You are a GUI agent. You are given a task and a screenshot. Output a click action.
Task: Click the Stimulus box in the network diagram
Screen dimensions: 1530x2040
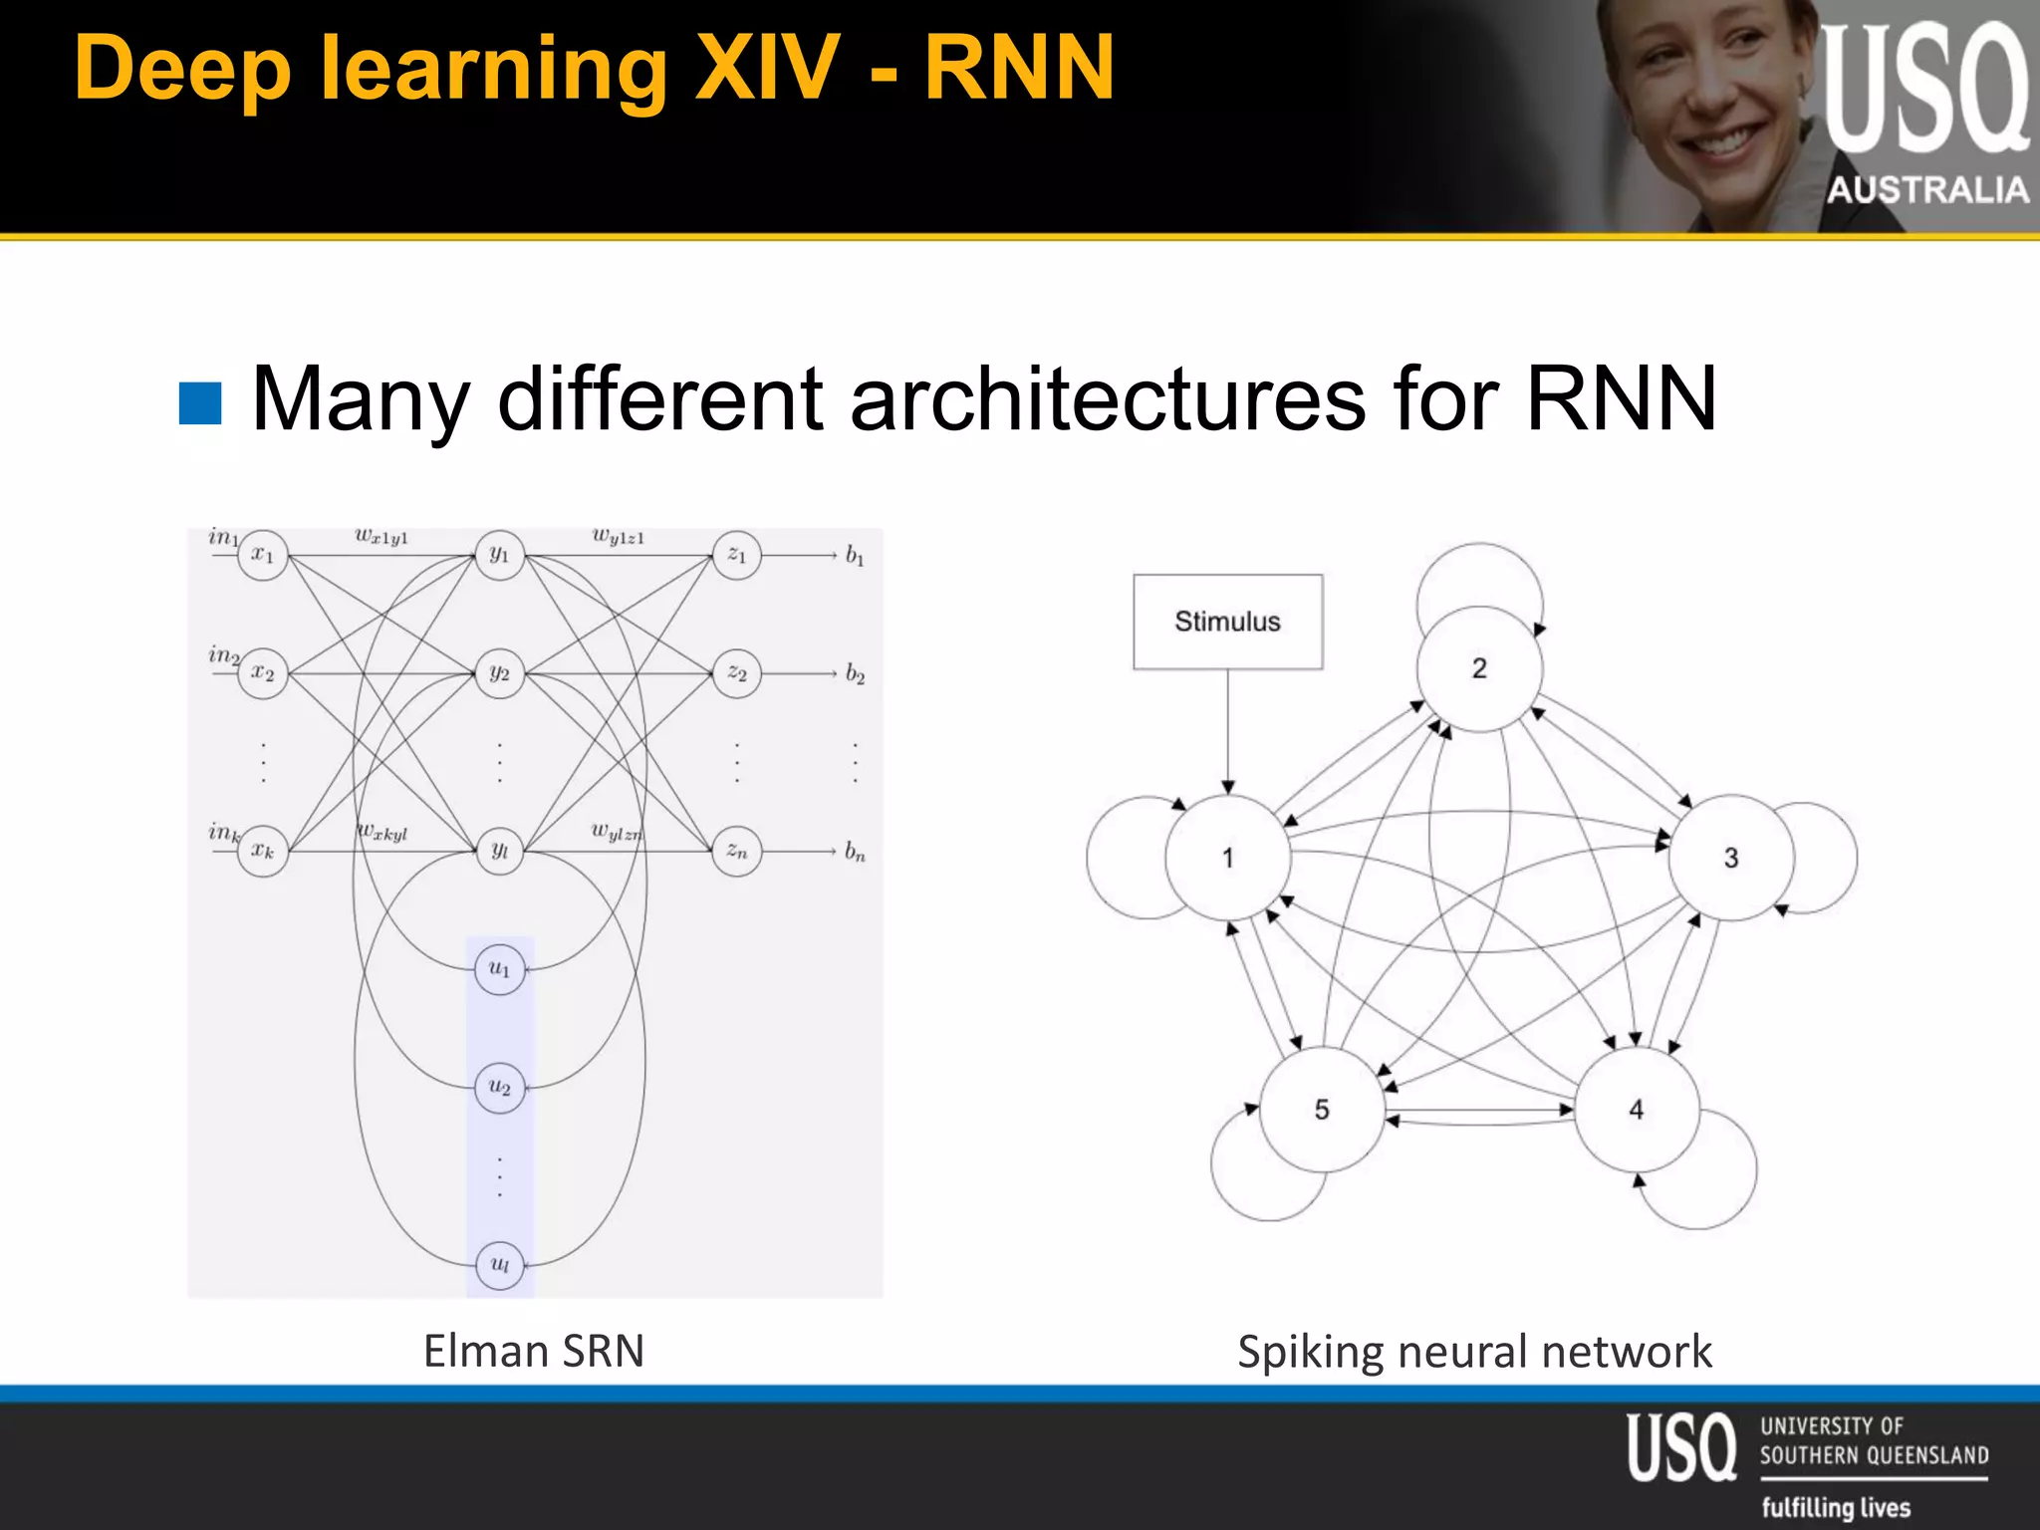(x=1227, y=622)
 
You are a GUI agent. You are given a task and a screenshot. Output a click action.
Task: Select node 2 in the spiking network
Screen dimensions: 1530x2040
(x=1479, y=668)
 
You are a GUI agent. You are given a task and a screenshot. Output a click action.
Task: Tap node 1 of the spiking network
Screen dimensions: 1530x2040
(x=1227, y=858)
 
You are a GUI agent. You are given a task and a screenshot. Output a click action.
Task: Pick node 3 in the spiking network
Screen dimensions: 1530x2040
(x=1731, y=858)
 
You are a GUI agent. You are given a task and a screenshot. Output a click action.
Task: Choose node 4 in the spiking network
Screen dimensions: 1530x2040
(x=1637, y=1110)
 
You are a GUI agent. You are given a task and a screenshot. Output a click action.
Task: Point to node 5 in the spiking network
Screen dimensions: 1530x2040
(x=1322, y=1110)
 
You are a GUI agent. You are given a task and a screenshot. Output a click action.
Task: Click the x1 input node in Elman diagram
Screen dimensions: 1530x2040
(x=262, y=555)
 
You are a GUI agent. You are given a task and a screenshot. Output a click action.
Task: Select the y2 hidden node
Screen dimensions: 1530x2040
(x=499, y=674)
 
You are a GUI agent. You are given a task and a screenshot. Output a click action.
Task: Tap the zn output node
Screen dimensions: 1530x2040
(x=736, y=852)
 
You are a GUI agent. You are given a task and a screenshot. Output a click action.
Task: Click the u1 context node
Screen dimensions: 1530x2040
(x=499, y=969)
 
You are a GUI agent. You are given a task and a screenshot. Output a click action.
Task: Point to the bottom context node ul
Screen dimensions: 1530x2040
(x=499, y=1265)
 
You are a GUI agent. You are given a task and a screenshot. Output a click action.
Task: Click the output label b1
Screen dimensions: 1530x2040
(x=855, y=556)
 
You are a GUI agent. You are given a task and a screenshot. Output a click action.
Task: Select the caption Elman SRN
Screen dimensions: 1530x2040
(x=534, y=1352)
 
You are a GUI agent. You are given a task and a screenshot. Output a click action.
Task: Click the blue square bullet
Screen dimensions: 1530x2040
(x=200, y=403)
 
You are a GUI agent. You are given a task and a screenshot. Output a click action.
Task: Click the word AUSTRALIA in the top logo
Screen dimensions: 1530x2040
(x=1927, y=189)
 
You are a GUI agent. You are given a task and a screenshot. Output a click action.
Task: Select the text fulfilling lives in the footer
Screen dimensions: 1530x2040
(x=1836, y=1507)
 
